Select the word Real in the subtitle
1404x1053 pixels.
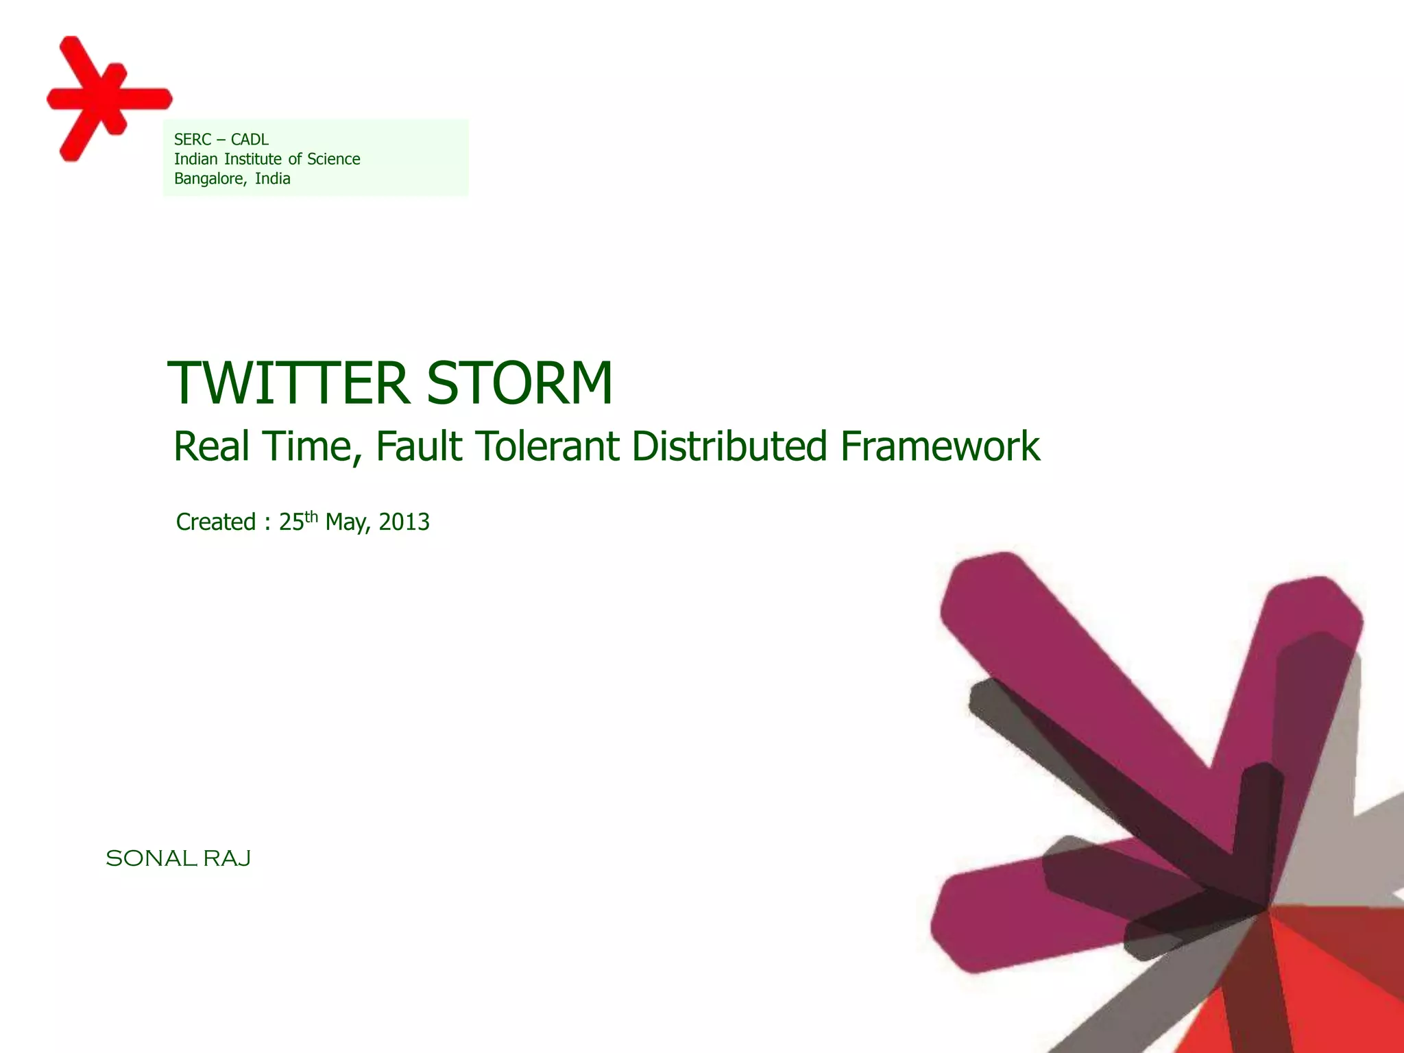(x=211, y=446)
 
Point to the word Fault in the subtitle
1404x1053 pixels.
(x=419, y=446)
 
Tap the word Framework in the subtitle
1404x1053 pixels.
(x=940, y=446)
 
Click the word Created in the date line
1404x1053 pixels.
(x=216, y=522)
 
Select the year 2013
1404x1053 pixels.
(x=404, y=522)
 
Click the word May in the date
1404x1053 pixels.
(x=347, y=523)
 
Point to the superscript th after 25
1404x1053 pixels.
(x=311, y=516)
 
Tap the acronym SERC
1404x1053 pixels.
(x=193, y=140)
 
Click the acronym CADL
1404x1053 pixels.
(x=250, y=140)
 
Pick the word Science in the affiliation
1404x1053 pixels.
(x=333, y=159)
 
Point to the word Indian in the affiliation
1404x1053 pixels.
(x=195, y=159)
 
